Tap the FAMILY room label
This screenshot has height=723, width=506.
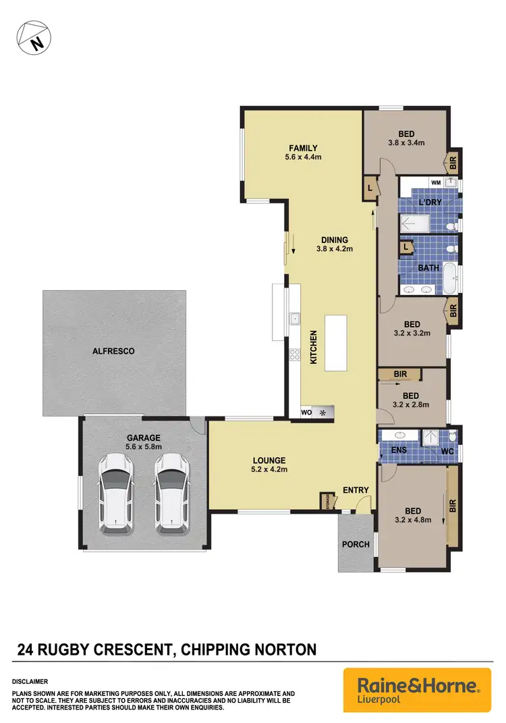tap(303, 149)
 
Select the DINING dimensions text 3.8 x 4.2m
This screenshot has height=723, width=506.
tap(334, 248)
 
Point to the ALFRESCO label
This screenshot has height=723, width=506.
tap(113, 351)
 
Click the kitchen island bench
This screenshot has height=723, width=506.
tap(337, 342)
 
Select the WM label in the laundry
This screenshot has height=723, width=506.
tap(435, 182)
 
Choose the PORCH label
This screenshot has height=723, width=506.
tap(356, 544)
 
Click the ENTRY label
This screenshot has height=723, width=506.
tap(355, 490)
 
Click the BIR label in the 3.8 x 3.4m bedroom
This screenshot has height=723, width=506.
tap(453, 163)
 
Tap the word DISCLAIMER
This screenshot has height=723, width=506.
tap(30, 682)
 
